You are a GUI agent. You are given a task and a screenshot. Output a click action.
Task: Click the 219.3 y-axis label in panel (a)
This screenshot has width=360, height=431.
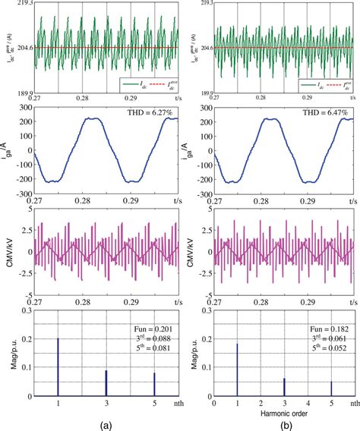point(21,5)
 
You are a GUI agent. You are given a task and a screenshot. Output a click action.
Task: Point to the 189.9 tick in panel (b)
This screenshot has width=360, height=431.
point(201,91)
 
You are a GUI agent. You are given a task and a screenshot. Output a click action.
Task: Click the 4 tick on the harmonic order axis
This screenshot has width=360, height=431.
point(308,404)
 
